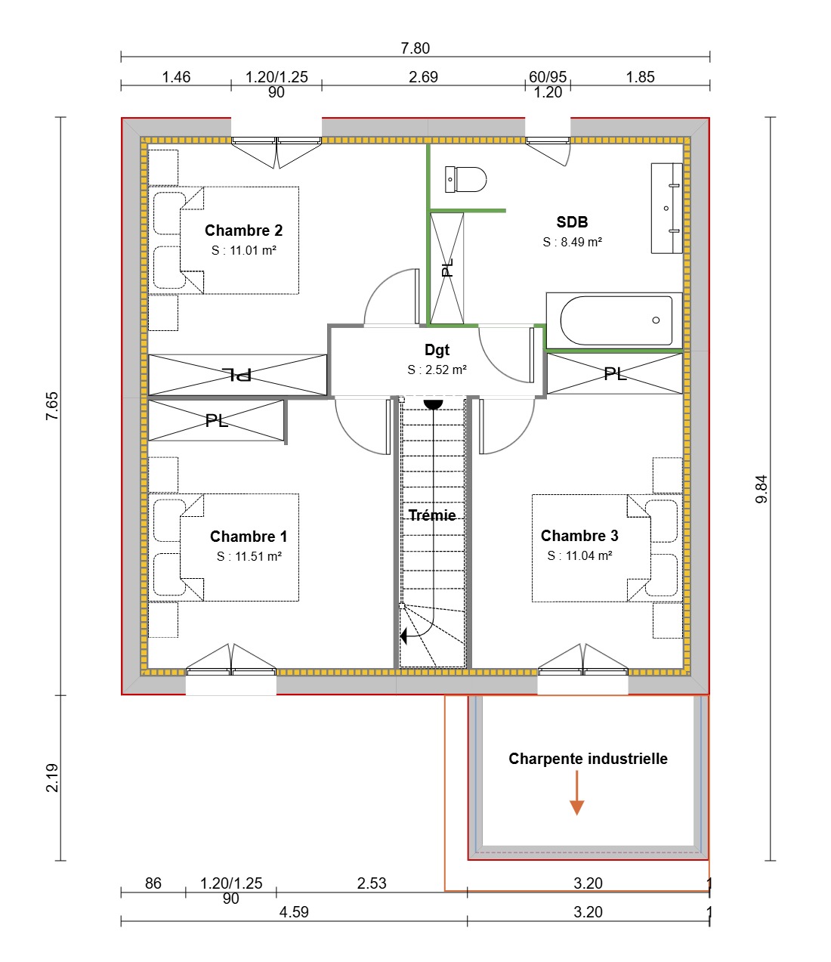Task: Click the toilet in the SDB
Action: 466,180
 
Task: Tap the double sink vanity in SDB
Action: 666,208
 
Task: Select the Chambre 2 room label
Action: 243,230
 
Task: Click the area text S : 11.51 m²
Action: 249,556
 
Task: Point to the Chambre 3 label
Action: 579,536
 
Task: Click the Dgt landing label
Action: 437,350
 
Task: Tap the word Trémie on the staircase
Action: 432,515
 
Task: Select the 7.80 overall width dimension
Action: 415,48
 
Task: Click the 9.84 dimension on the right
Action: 761,489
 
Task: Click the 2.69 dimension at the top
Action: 423,77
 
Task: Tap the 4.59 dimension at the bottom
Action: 294,912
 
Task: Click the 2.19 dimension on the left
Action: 51,778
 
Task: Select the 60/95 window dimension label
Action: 548,77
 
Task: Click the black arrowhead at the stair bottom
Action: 404,636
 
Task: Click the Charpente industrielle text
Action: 588,759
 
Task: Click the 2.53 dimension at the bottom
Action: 372,883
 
